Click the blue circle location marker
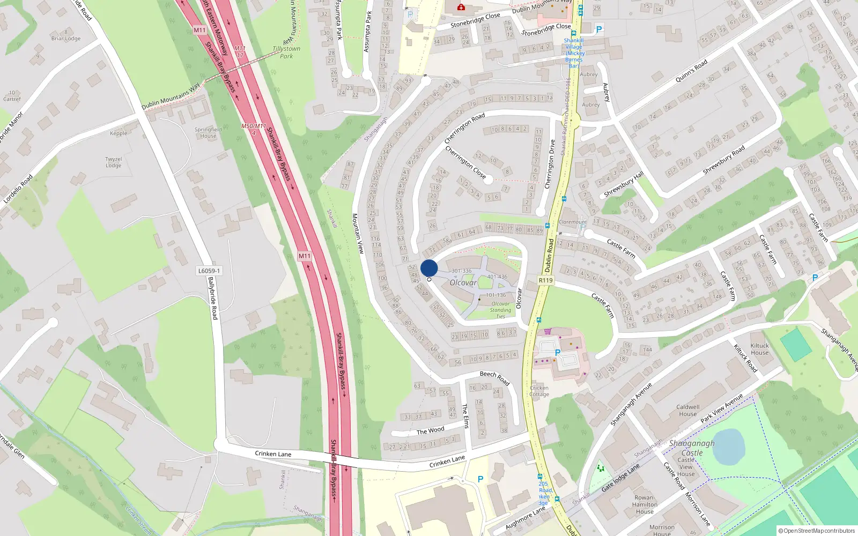tap(429, 268)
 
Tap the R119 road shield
tap(545, 280)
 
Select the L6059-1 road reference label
tap(209, 271)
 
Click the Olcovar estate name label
tap(463, 282)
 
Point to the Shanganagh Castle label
tap(692, 448)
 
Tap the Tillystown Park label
tap(286, 52)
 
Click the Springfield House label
tap(208, 132)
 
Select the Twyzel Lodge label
tap(114, 162)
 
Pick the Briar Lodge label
tap(66, 38)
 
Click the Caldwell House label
tap(687, 410)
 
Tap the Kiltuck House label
tap(759, 349)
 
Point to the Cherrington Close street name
tap(465, 162)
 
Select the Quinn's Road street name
tap(691, 71)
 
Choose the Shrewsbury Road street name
tap(724, 160)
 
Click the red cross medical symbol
tap(461, 7)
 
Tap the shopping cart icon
tap(548, 331)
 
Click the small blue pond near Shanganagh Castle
tap(729, 446)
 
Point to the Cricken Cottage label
tap(539, 391)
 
